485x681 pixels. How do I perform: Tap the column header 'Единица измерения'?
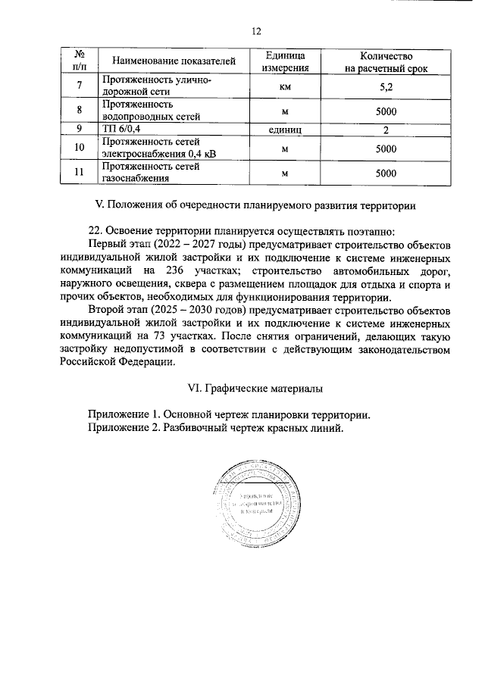coord(286,61)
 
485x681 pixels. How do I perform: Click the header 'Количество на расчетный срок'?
coord(386,61)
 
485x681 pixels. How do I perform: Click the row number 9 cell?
coord(80,130)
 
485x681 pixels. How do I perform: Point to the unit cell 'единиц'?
coord(286,130)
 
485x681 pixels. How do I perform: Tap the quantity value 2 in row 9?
coord(386,130)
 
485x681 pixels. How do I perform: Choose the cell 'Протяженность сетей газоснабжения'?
coord(152,173)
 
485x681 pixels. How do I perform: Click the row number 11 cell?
coord(80,173)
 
